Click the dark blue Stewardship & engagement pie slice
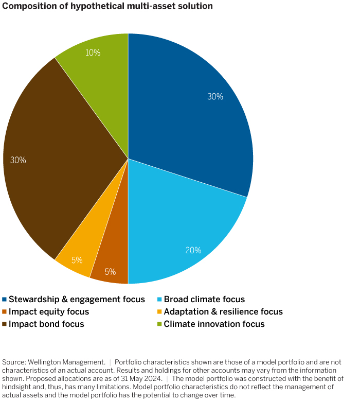190,113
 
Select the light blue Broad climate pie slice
180,226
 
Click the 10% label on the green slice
93,53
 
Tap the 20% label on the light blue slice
193,251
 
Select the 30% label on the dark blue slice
215,96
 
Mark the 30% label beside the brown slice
18,160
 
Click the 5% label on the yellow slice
77,260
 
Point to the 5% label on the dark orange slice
110,272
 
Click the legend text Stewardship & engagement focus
77,299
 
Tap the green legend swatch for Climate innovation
159,324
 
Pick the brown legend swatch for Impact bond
5,324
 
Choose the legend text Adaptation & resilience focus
223,311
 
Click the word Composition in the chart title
26,6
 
